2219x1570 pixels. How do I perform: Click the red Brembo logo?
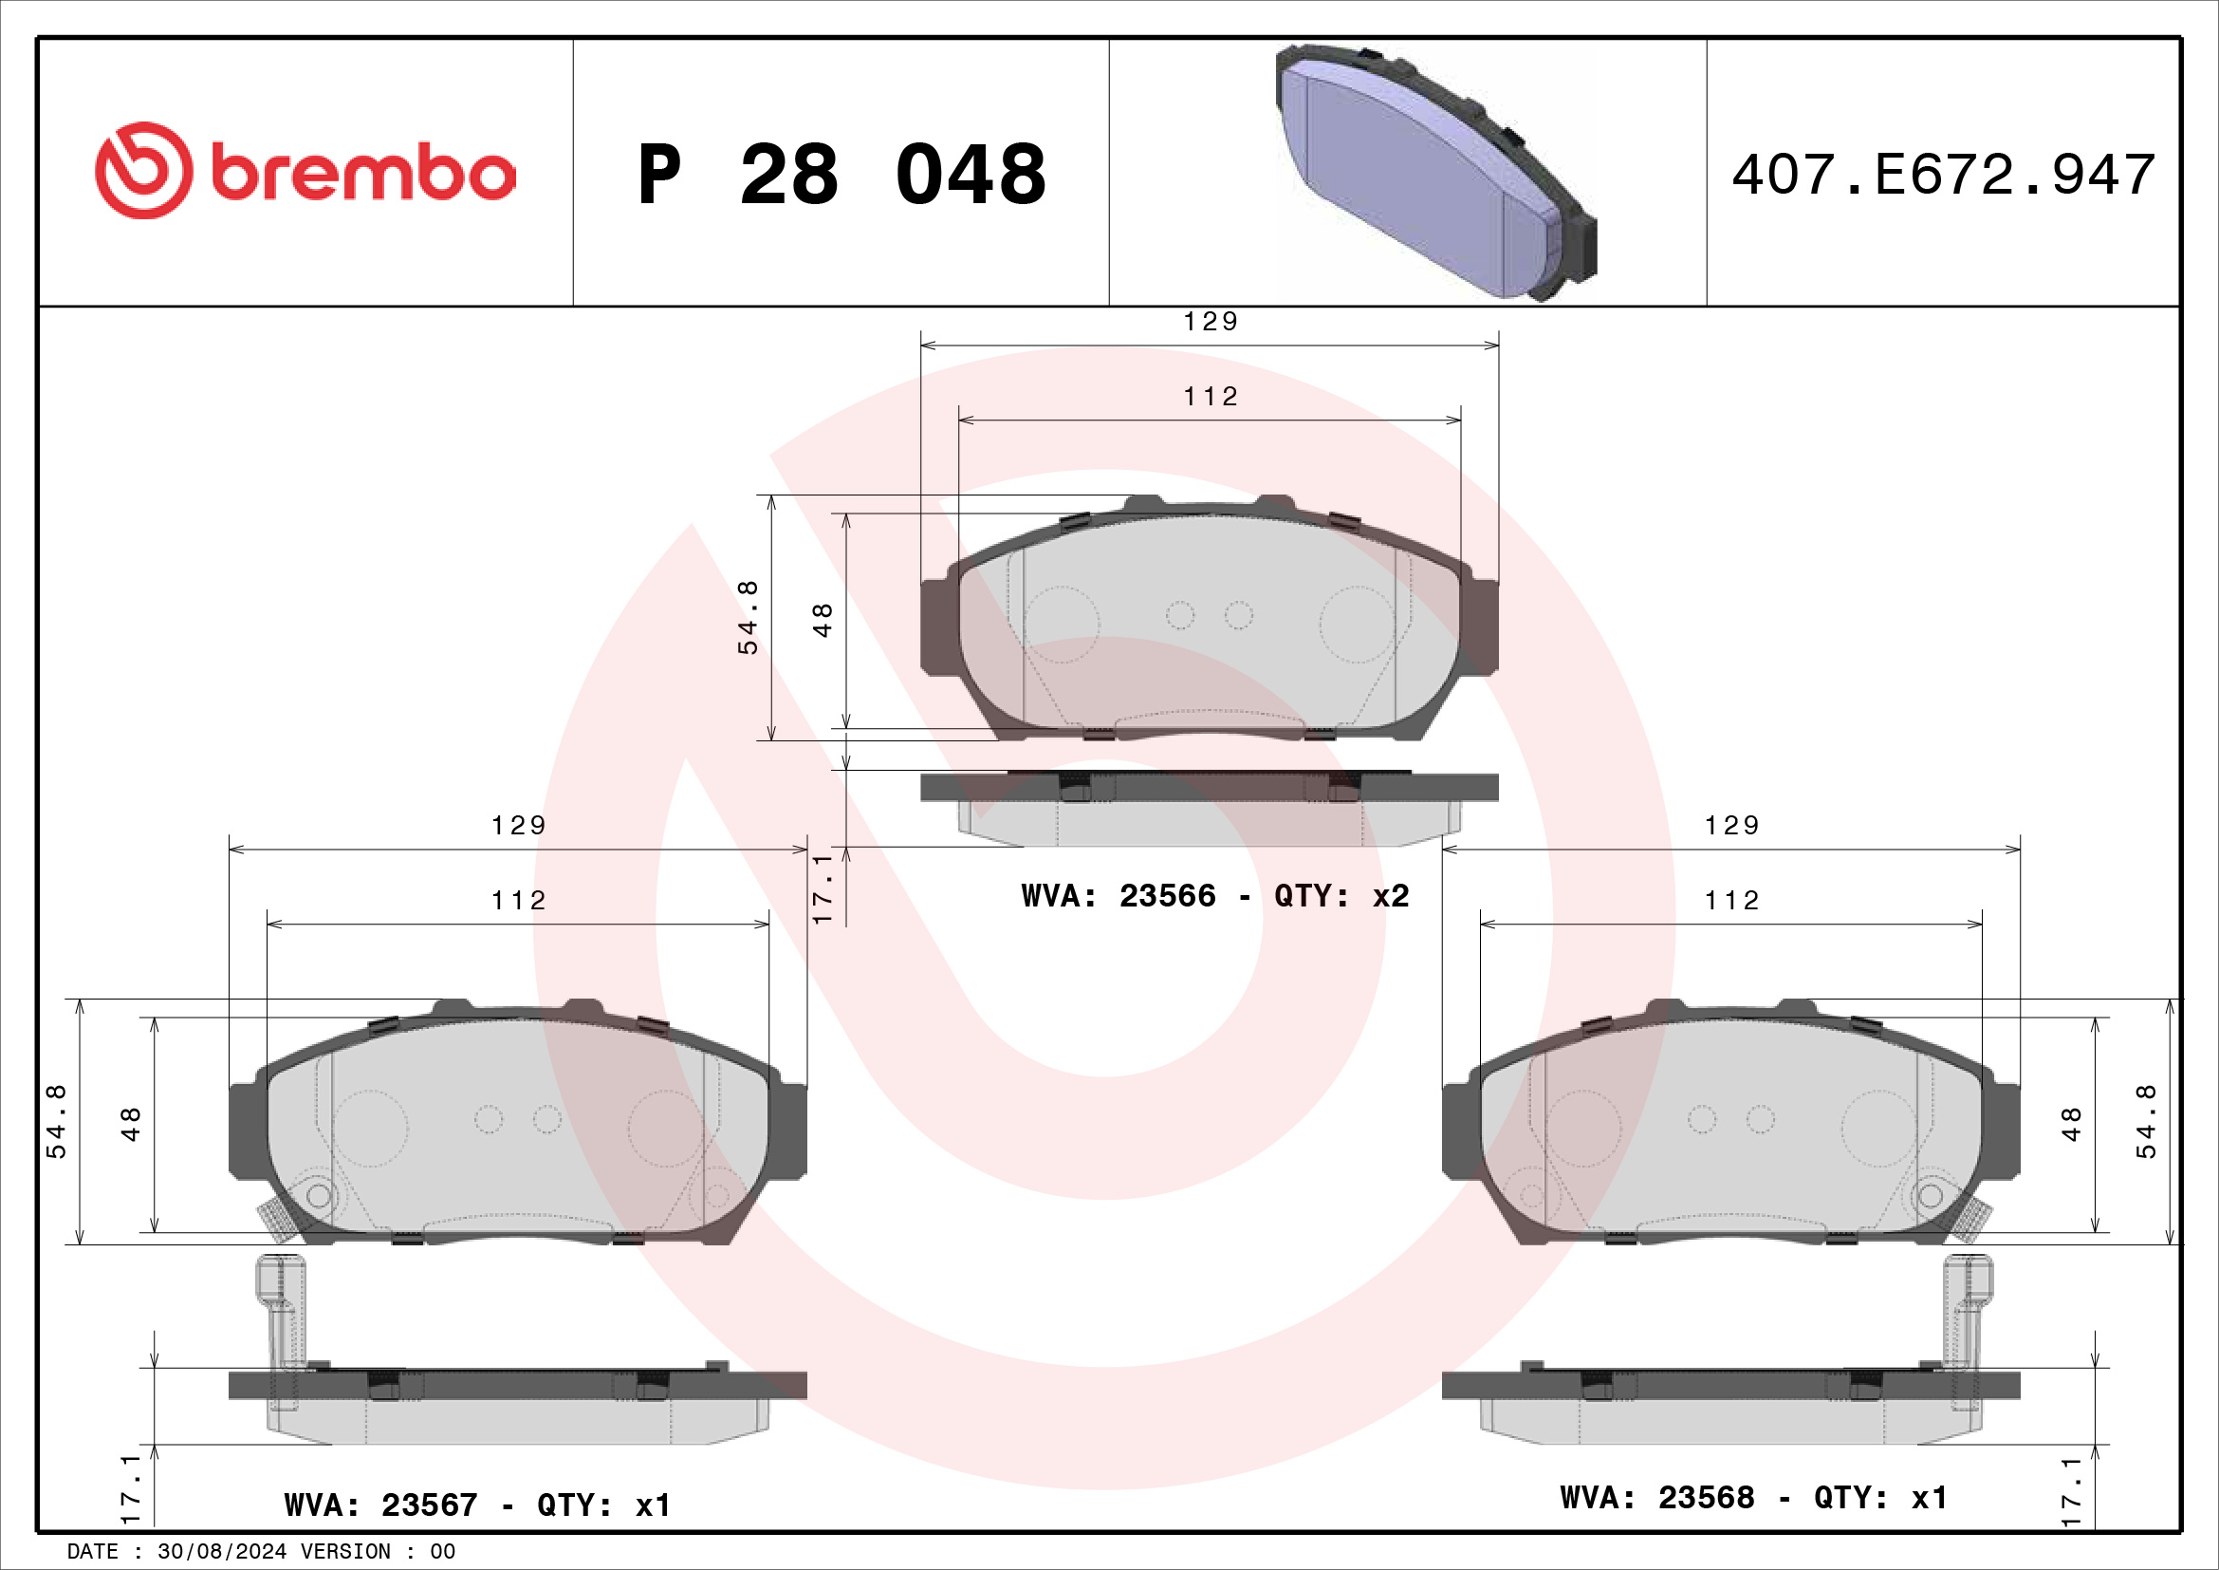tap(305, 170)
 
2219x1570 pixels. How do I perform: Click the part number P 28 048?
tap(841, 175)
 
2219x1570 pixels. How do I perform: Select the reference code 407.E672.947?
tap(1944, 175)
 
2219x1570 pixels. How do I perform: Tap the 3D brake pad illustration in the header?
tap(1437, 172)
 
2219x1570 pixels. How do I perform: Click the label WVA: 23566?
tap(1119, 896)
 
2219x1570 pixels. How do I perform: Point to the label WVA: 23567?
tap(380, 1505)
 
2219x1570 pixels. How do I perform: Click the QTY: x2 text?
tap(1341, 896)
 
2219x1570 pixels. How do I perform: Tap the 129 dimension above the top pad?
tap(1210, 321)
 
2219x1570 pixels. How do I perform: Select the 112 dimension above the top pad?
tap(1210, 397)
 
